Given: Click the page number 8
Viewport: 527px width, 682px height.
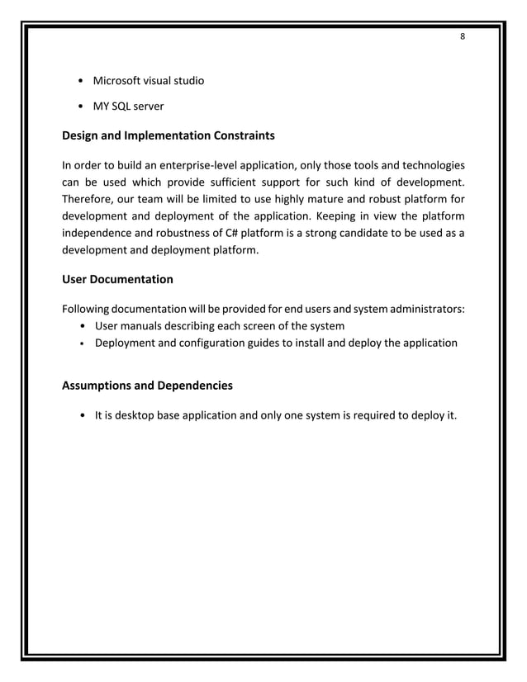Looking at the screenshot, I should [463, 36].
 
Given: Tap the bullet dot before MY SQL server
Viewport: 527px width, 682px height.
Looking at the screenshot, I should [78, 107].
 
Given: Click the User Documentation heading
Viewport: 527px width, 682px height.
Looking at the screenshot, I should [117, 279].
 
